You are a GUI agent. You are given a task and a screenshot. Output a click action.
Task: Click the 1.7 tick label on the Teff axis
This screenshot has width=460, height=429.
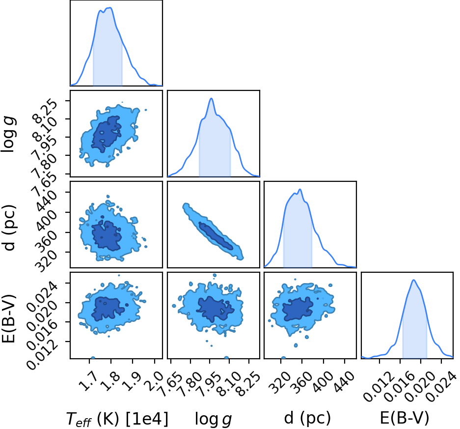[87, 380]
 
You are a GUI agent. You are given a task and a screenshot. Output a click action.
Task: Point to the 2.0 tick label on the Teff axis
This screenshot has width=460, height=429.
[153, 380]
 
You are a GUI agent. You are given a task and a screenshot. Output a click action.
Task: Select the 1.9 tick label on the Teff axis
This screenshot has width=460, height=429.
[131, 380]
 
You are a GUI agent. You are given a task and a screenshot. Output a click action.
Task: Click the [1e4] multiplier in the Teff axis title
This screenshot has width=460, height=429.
[147, 419]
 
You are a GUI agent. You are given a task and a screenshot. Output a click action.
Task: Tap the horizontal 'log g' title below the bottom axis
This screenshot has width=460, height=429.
[213, 419]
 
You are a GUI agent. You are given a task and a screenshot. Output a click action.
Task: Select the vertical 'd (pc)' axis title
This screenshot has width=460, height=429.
[10, 225]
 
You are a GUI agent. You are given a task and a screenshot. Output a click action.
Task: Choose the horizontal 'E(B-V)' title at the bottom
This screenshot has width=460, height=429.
[405, 418]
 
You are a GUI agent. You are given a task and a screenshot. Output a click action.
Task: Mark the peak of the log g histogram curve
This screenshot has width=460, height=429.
[211, 98]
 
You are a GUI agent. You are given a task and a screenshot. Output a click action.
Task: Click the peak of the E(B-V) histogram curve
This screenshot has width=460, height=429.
[414, 280]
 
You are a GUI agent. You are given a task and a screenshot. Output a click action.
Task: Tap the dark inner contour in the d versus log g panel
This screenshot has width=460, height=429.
[216, 236]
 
